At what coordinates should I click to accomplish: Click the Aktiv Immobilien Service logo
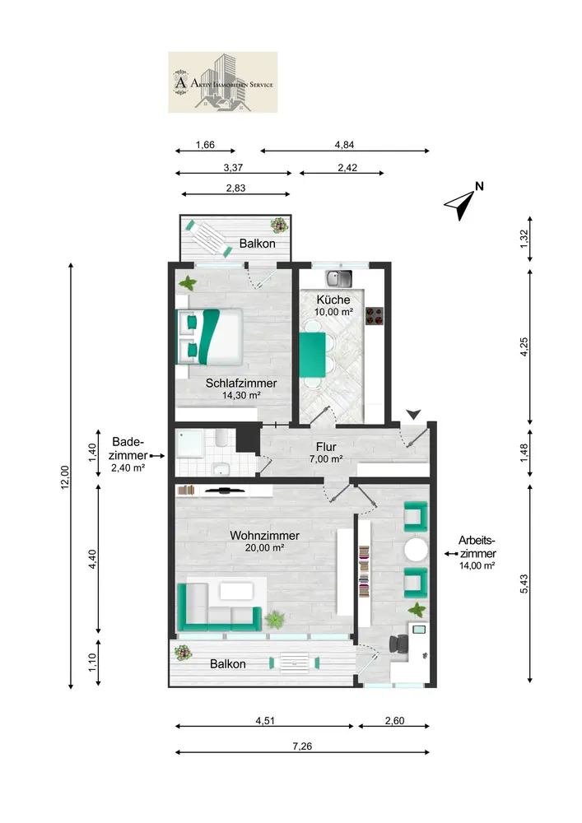(222, 81)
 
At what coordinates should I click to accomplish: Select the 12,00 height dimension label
(65, 477)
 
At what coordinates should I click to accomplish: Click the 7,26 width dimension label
(302, 746)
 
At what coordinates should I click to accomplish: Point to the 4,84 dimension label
(344, 145)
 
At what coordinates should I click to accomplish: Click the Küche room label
(333, 300)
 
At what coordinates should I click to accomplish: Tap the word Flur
(326, 447)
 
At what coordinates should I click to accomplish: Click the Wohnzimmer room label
(264, 536)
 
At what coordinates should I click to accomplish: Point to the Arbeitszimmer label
(477, 547)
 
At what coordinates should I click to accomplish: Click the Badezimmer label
(128, 449)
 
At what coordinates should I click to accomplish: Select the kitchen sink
(339, 279)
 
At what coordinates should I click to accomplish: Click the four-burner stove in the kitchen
(375, 316)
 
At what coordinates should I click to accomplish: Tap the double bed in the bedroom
(209, 337)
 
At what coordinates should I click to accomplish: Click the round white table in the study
(417, 550)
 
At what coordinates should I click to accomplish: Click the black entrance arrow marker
(413, 415)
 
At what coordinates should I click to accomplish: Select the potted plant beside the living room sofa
(274, 620)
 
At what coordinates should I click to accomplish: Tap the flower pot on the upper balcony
(279, 226)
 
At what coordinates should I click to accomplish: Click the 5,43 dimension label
(524, 584)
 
